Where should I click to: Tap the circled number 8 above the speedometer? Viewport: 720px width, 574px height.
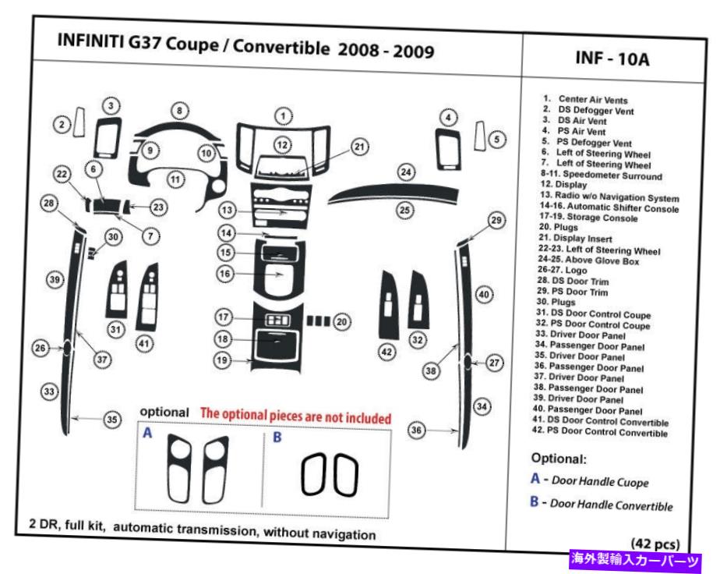[x=179, y=112]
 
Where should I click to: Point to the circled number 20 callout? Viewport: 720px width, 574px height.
[x=341, y=321]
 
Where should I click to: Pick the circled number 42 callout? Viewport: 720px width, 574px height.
[x=385, y=353]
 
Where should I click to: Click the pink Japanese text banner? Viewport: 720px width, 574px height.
[x=637, y=560]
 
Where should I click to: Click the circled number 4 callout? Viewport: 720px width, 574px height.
[x=448, y=117]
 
